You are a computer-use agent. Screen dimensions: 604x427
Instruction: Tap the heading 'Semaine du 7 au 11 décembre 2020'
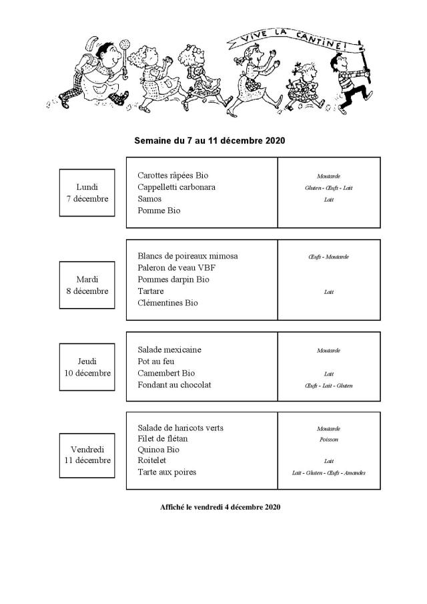[x=209, y=141]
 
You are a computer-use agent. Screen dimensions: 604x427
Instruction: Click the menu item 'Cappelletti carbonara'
[x=176, y=187]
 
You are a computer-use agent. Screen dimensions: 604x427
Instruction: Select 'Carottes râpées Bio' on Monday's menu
[x=173, y=175]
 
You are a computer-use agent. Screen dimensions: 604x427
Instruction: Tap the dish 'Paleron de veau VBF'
[x=176, y=268]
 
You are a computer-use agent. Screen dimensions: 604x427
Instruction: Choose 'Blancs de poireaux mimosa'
[x=187, y=256]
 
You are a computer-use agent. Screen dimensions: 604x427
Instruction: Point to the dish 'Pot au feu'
[x=156, y=361]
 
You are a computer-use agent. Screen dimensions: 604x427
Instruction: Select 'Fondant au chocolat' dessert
[x=174, y=385]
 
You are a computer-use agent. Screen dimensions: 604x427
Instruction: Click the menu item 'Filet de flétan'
[x=162, y=438]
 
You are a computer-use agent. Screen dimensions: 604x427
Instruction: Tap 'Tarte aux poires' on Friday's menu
[x=167, y=472]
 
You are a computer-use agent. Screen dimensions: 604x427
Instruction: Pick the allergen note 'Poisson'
[x=328, y=440]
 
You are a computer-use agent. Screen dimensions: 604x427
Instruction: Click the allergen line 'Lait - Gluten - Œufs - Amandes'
[x=328, y=473]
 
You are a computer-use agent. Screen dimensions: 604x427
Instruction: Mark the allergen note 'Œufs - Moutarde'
[x=328, y=257]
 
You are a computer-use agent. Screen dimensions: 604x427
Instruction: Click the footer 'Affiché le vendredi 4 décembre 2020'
[x=220, y=507]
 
